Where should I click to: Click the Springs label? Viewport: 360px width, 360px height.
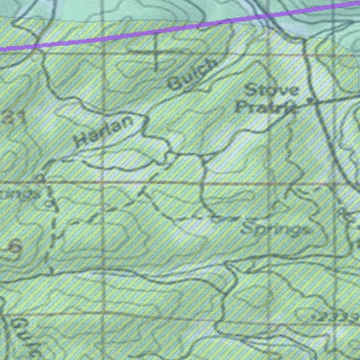275,229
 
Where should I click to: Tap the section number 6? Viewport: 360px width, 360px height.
13,247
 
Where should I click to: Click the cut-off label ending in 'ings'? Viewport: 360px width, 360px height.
20,193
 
